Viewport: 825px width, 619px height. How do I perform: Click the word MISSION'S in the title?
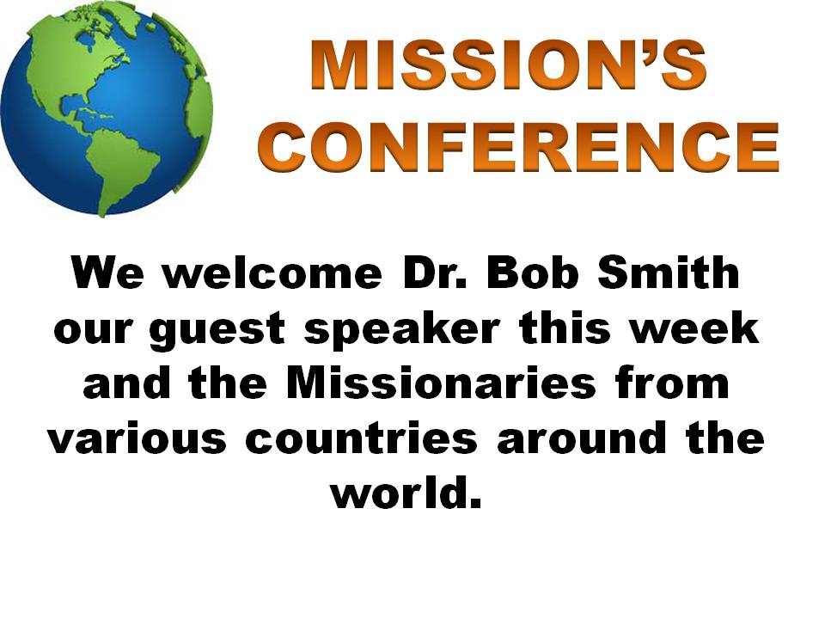pyautogui.click(x=509, y=65)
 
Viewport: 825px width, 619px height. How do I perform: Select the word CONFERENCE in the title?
pyautogui.click(x=518, y=147)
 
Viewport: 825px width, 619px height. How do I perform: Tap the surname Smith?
pyautogui.click(x=669, y=273)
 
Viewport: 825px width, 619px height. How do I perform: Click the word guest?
pyautogui.click(x=217, y=330)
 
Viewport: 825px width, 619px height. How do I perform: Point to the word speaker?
pyautogui.click(x=402, y=330)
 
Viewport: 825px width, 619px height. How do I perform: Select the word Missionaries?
pyautogui.click(x=441, y=383)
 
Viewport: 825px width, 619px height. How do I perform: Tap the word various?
pyautogui.click(x=137, y=438)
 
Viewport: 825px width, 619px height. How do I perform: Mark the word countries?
pyautogui.click(x=361, y=438)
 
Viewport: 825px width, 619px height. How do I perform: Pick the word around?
pyautogui.click(x=583, y=438)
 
